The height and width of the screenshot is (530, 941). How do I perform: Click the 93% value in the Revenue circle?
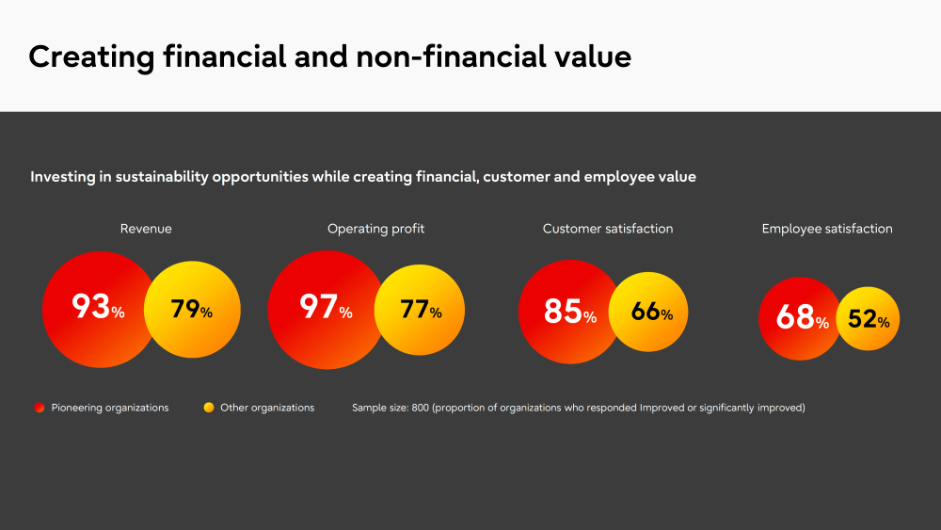click(x=99, y=306)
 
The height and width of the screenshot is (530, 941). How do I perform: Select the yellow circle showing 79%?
click(x=192, y=310)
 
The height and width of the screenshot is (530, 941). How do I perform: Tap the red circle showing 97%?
click(x=327, y=310)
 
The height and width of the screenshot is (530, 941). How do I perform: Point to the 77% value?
click(x=421, y=310)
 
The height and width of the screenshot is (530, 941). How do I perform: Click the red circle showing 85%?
click(x=570, y=312)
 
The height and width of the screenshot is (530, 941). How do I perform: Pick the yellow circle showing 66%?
click(x=648, y=312)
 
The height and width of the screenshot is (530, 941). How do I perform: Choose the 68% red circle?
click(x=800, y=319)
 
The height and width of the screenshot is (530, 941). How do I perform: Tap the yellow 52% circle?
click(x=868, y=319)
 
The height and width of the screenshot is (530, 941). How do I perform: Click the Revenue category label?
click(x=146, y=229)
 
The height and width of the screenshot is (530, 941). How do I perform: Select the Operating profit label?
click(x=375, y=229)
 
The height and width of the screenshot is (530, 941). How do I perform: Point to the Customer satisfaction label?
click(x=608, y=229)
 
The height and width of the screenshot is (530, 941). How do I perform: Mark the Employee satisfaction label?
click(x=827, y=229)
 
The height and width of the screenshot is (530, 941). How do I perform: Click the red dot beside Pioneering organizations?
click(x=40, y=408)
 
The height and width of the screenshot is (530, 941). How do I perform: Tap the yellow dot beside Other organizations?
click(x=209, y=408)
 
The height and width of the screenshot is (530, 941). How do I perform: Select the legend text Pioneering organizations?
click(x=110, y=408)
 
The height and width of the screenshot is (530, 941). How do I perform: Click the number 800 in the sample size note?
click(x=420, y=408)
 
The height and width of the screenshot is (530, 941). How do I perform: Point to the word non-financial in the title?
click(x=451, y=56)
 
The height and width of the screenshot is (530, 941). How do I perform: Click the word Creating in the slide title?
click(x=91, y=57)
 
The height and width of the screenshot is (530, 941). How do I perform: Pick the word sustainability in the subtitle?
click(x=162, y=177)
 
